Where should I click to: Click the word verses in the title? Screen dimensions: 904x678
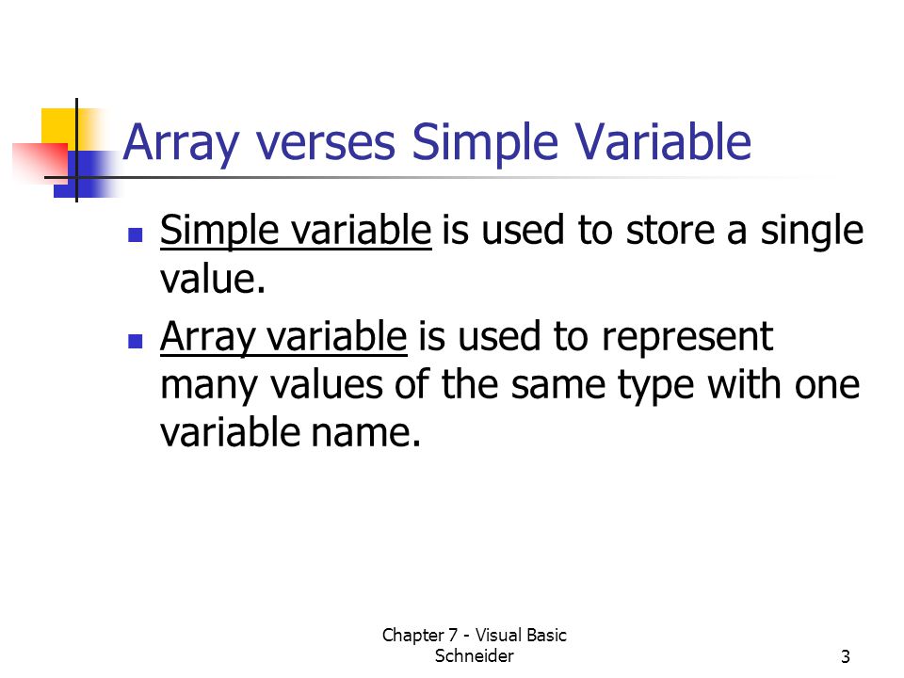pyautogui.click(x=326, y=142)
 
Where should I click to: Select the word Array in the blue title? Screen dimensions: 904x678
pyautogui.click(x=181, y=144)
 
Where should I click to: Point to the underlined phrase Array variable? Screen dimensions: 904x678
pyautogui.click(x=283, y=337)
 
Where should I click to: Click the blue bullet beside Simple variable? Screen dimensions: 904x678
pyautogui.click(x=136, y=234)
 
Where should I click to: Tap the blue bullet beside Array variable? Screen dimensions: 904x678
pyautogui.click(x=136, y=341)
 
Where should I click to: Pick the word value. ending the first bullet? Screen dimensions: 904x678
pyautogui.click(x=213, y=280)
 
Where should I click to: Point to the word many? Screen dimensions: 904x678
pyautogui.click(x=209, y=387)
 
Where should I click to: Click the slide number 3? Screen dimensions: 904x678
pyautogui.click(x=846, y=656)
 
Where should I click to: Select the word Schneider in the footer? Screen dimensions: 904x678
pyautogui.click(x=474, y=656)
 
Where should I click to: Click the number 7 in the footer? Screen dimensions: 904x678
pyautogui.click(x=453, y=636)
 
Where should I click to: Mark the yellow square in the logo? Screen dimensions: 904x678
pyautogui.click(x=59, y=127)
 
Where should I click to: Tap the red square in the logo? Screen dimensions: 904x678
pyautogui.click(x=40, y=163)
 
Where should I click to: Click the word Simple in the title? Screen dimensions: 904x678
pyautogui.click(x=485, y=143)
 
